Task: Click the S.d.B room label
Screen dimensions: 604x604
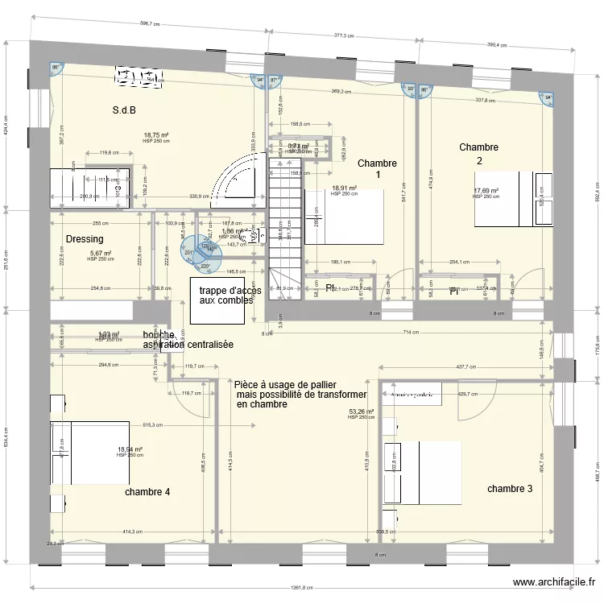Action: pyautogui.click(x=124, y=110)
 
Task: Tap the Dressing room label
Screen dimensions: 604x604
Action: pyautogui.click(x=85, y=239)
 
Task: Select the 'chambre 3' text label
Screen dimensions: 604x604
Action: pyautogui.click(x=510, y=488)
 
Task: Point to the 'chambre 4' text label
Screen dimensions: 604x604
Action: pyautogui.click(x=147, y=491)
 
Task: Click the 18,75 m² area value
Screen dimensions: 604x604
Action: pyautogui.click(x=155, y=135)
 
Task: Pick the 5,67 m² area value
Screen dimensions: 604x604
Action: pyautogui.click(x=100, y=253)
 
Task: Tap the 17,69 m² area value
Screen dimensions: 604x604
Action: pyautogui.click(x=486, y=191)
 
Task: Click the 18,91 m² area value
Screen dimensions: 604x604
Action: pyautogui.click(x=344, y=188)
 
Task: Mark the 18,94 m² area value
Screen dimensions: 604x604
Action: pyautogui.click(x=130, y=449)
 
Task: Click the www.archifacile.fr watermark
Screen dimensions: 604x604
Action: pyautogui.click(x=554, y=582)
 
